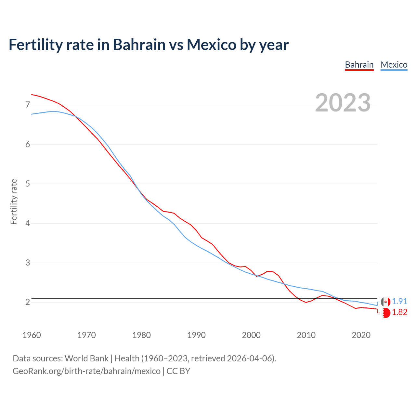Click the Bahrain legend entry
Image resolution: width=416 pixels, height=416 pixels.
359,65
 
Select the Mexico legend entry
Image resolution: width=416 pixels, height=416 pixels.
394,65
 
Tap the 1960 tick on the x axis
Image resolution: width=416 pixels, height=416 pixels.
32,335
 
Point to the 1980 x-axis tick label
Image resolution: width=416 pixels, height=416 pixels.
141,335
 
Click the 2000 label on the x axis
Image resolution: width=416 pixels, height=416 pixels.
251,335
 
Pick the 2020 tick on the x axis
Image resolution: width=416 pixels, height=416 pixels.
361,335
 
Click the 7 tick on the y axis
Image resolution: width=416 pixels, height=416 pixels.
28,105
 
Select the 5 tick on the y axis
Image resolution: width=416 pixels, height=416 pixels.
28,184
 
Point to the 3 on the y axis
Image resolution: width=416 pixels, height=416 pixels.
28,263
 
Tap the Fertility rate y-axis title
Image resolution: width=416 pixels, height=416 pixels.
14,201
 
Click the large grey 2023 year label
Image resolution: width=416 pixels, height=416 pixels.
343,103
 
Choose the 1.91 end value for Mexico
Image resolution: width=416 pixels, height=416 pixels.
399,301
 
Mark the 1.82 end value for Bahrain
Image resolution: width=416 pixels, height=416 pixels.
399,312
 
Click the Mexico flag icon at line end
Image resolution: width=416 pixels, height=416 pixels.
385,302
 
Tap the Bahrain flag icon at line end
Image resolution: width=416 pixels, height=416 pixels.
385,313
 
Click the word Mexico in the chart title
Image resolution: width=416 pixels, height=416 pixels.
211,45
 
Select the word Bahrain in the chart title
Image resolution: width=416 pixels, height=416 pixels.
139,45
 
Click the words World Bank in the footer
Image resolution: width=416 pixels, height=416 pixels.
86,358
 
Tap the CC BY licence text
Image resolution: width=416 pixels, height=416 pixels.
178,371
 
